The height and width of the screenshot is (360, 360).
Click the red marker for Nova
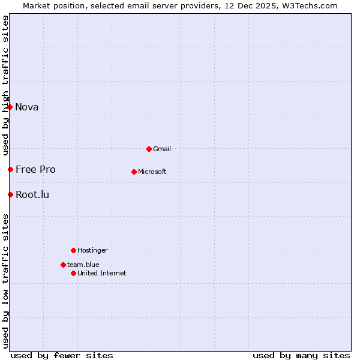(x=10, y=107)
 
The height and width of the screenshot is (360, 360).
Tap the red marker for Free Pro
(x=10, y=169)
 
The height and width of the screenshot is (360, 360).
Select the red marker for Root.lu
(x=10, y=194)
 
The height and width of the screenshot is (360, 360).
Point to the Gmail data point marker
(x=149, y=149)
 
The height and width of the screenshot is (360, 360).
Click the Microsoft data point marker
(x=134, y=172)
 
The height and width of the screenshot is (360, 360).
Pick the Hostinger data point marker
(x=73, y=250)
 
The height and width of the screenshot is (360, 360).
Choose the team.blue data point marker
(x=63, y=265)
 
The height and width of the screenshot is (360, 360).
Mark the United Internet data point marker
(x=73, y=273)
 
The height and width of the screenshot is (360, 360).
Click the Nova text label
(x=27, y=107)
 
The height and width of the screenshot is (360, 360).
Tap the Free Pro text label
(x=35, y=169)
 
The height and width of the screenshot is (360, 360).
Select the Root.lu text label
(x=32, y=194)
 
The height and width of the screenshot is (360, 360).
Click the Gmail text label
(x=162, y=149)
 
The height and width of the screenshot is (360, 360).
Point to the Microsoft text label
(x=152, y=172)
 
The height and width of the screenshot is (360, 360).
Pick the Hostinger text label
(x=93, y=250)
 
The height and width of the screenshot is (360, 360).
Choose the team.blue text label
(x=83, y=265)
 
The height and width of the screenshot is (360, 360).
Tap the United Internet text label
(x=102, y=273)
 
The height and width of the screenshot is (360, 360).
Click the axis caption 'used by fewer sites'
(x=62, y=355)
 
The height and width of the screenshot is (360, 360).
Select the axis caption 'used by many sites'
(x=301, y=355)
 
